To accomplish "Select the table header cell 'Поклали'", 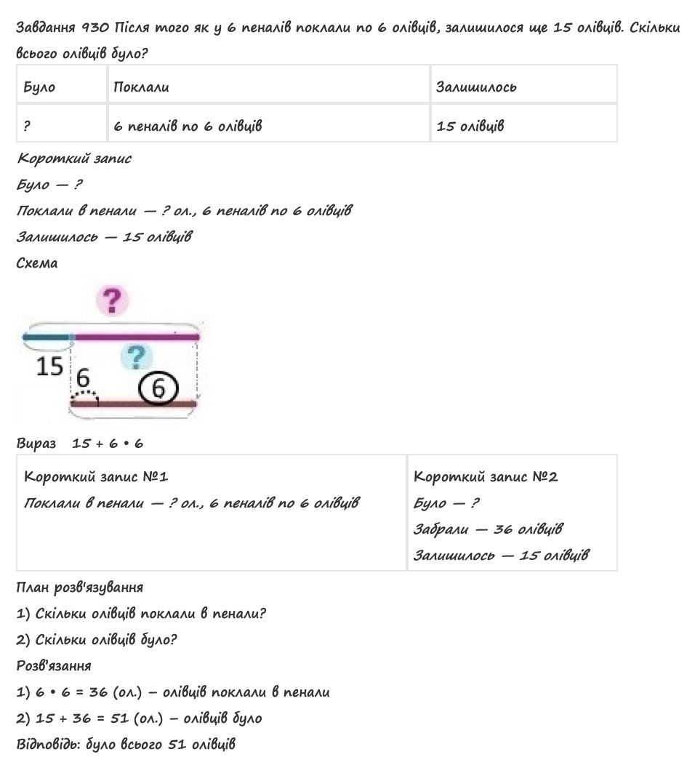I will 141,87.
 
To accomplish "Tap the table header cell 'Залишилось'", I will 476,87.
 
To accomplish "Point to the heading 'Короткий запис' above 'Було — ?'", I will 73,158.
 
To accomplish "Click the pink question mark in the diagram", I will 111,300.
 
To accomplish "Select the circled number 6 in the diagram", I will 158,388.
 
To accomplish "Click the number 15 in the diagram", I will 49,367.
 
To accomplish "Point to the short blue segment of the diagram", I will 47,337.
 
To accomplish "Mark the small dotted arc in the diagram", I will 84,395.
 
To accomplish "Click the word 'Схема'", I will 37,263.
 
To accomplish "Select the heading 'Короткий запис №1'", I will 96,476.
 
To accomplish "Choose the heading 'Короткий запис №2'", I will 485,476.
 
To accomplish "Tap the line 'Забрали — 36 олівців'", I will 488,529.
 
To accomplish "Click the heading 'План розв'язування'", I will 79,587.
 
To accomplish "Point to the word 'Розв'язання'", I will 54,665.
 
